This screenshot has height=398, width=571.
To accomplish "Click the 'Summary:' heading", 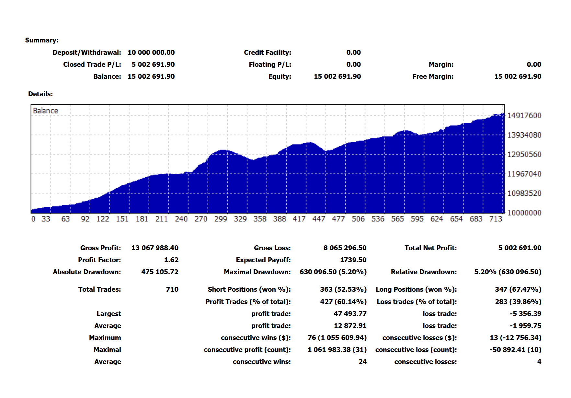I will [42, 40].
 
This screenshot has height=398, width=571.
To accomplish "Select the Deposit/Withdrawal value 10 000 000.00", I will [151, 53].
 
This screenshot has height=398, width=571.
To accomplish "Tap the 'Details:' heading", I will [40, 94].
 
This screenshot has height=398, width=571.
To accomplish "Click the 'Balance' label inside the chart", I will [45, 111].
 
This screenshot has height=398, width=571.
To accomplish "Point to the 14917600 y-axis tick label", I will [524, 116].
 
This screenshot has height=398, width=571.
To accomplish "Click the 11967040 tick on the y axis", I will [524, 174].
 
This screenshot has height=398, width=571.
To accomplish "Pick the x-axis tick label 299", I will [221, 219].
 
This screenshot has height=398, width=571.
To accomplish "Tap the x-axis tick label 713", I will [496, 219].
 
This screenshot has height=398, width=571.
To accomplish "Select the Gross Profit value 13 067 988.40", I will [154, 248].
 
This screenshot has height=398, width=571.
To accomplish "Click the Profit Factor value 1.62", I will [171, 260].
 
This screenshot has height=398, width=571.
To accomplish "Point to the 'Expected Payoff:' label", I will [263, 260].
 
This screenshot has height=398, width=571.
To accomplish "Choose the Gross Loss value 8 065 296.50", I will [345, 248].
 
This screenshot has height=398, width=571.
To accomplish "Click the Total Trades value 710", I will [172, 289].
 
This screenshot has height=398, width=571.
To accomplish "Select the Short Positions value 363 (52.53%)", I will [343, 289].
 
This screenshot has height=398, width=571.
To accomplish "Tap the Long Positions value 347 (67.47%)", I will [518, 289].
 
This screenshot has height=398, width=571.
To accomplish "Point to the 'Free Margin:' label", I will [433, 76].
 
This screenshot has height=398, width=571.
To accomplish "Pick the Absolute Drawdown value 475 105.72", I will [160, 272].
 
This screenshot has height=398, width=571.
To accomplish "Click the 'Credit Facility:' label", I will [267, 53].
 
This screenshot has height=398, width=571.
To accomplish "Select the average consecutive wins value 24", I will [362, 362].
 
